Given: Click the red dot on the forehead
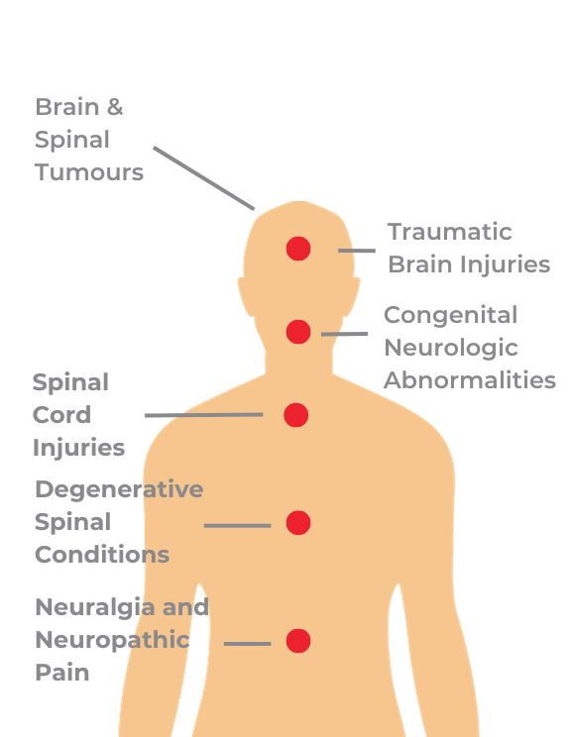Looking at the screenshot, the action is click(298, 249).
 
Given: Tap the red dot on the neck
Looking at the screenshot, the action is click(298, 332).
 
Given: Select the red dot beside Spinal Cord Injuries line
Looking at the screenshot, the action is click(295, 415).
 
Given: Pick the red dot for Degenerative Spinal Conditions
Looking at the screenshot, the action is click(298, 523).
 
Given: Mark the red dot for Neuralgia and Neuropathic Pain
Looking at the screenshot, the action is click(298, 641).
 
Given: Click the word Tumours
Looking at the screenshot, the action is click(89, 172).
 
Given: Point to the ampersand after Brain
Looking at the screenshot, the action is click(115, 107).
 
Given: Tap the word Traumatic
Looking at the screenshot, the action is click(449, 232).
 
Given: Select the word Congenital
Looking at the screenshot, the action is click(451, 315).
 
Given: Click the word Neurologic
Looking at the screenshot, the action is click(451, 349).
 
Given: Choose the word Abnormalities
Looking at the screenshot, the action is click(470, 380).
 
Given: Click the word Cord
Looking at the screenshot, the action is click(61, 415).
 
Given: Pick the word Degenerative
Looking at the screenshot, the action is click(120, 489).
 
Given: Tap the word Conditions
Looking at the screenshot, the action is click(102, 555).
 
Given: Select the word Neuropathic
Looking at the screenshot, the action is click(112, 640).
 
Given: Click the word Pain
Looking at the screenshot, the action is click(62, 673).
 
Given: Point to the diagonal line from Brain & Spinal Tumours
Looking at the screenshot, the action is click(203, 178).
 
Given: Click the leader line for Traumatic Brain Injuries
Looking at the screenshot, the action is click(357, 251).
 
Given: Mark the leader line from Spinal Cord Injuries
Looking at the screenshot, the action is click(203, 415).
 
